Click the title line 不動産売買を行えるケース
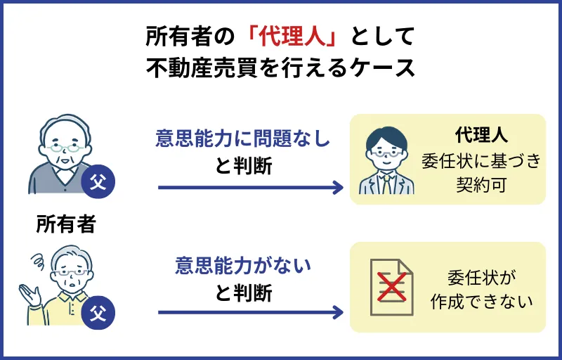(281, 70)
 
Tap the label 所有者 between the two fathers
(66, 224)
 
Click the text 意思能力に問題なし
(242, 139)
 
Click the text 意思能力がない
(242, 266)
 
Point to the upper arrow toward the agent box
(249, 188)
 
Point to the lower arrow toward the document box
(249, 312)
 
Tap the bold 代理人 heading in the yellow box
(481, 134)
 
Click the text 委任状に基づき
(481, 160)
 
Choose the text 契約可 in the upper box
(481, 185)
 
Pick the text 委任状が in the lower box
(481, 276)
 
